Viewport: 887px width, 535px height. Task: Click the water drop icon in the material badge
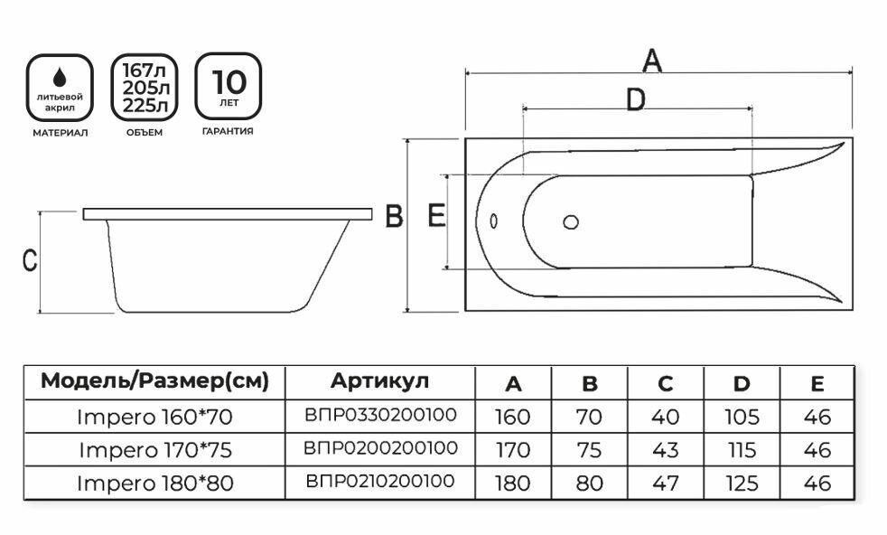click(60, 77)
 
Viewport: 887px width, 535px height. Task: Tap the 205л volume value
click(145, 88)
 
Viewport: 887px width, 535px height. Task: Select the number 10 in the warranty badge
click(229, 82)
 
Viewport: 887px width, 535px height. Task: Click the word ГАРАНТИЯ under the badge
click(228, 131)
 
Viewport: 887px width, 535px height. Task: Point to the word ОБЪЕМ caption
click(145, 133)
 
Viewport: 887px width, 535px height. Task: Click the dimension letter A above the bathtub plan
click(651, 61)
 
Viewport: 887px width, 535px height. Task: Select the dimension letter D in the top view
click(636, 99)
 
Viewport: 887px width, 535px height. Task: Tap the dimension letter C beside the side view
click(30, 260)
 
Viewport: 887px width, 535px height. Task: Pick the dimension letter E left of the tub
click(436, 215)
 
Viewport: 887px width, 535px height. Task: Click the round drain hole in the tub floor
click(571, 222)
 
